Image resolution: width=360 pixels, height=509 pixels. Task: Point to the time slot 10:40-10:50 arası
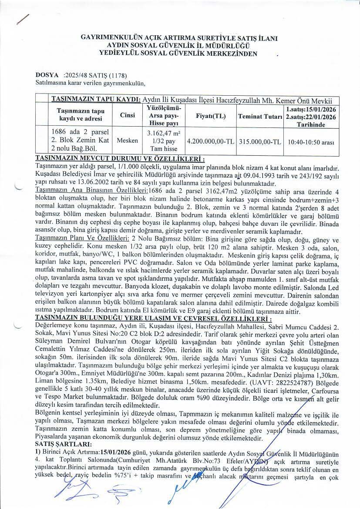coord(310,141)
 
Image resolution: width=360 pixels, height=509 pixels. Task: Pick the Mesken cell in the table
coord(128,141)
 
